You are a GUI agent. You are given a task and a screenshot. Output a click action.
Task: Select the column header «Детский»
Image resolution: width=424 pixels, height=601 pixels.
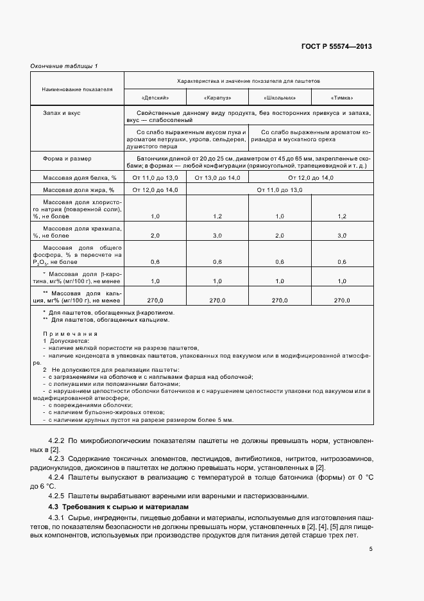[x=155, y=98]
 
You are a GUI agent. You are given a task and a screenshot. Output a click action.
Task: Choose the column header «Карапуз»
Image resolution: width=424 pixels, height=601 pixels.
[x=217, y=98]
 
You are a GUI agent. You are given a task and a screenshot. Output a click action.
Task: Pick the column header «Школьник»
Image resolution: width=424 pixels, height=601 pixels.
[x=280, y=98]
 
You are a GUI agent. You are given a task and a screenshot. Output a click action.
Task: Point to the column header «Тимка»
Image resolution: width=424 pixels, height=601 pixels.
[x=342, y=98]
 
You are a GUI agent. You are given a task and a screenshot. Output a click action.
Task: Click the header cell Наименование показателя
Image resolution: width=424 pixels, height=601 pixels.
[x=77, y=89]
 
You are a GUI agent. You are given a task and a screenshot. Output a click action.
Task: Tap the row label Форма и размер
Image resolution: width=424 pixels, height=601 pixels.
[x=67, y=158]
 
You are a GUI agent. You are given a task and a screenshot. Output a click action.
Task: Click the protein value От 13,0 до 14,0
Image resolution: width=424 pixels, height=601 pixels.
[x=217, y=177]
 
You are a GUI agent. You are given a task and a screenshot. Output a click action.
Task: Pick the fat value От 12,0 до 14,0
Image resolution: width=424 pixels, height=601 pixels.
[x=155, y=190]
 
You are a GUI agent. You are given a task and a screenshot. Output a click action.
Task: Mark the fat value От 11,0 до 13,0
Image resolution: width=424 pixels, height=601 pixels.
[x=279, y=190]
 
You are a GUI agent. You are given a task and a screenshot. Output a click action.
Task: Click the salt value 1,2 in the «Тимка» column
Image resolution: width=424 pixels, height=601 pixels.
[x=342, y=216]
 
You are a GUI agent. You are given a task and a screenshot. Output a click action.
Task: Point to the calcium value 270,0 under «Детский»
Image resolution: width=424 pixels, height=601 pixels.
[x=155, y=300]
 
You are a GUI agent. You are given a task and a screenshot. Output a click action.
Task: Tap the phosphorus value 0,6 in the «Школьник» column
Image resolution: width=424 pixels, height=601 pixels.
[x=280, y=261]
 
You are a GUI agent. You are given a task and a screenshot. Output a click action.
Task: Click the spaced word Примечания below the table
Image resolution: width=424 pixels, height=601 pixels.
[x=70, y=334]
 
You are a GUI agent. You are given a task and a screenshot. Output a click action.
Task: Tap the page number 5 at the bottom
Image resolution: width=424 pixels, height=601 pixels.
[x=371, y=548]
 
